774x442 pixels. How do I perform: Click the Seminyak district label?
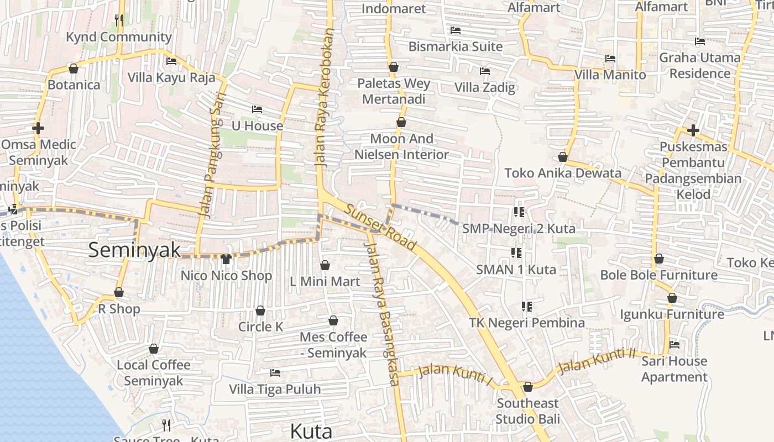click(134, 250)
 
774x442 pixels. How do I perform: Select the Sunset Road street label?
click(380, 227)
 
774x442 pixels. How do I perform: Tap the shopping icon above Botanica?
click(73, 69)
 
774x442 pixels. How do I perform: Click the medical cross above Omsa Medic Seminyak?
click(38, 129)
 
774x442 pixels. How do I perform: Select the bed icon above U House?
click(257, 109)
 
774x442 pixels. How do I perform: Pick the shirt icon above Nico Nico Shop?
click(226, 259)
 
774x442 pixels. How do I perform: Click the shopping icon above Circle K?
click(260, 311)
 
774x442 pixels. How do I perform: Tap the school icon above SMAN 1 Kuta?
click(516, 253)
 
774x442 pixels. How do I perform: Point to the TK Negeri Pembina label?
click(527, 323)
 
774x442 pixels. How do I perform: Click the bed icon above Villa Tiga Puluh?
click(275, 373)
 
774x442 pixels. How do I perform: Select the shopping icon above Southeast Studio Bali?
click(527, 387)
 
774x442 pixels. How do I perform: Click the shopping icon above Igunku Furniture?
click(672, 298)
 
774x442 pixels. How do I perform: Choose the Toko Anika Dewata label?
click(563, 173)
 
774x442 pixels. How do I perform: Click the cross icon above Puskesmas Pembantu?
click(693, 130)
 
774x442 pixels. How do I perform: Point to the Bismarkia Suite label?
click(456, 46)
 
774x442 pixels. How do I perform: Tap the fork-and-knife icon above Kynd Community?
click(119, 20)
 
